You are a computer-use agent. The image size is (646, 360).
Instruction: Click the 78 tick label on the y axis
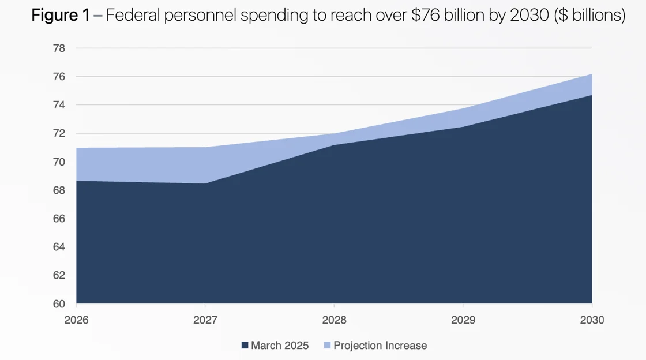[x=59, y=48]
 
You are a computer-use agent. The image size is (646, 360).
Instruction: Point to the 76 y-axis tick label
[x=59, y=77]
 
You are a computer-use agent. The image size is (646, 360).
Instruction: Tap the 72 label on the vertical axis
[x=59, y=133]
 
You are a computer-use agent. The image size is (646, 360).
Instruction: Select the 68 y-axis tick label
[x=59, y=190]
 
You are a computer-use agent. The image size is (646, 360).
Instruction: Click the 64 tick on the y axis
[x=59, y=247]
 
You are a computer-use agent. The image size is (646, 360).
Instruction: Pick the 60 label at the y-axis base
[x=59, y=304]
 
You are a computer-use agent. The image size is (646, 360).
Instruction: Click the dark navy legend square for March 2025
[x=245, y=346]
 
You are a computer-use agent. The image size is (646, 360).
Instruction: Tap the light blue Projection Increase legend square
[x=327, y=346]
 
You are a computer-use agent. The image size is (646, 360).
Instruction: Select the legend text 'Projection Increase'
[x=381, y=346]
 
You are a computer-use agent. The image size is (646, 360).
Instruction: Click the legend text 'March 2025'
[x=280, y=346]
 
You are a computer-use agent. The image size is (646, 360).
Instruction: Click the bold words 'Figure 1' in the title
[x=60, y=16]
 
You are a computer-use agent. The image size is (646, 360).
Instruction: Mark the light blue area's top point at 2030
[x=592, y=74]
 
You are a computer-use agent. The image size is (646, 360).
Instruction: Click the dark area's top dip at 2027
[x=205, y=183]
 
